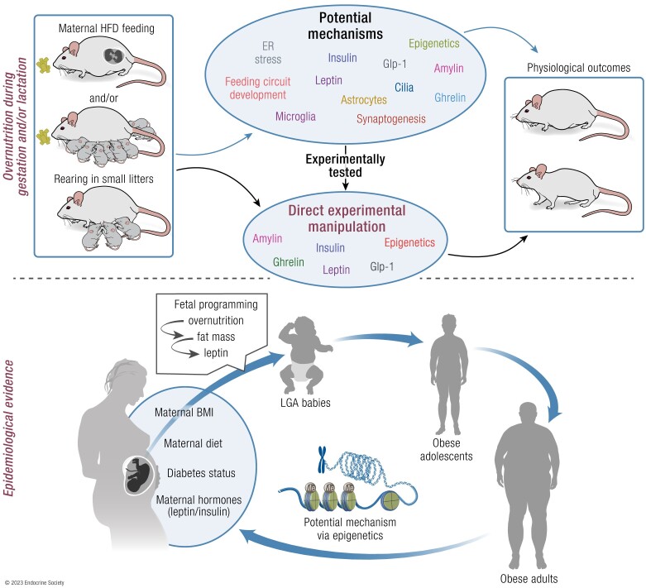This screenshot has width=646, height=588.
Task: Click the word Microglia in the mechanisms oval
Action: point(295,117)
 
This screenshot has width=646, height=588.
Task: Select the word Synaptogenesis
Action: point(391,119)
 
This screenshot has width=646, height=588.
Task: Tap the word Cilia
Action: point(404,88)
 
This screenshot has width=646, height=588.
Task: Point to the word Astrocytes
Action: point(364,100)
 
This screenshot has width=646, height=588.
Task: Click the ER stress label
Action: point(268,53)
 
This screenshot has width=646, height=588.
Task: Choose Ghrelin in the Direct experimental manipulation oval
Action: point(289,261)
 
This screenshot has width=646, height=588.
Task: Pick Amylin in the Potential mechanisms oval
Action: point(448,69)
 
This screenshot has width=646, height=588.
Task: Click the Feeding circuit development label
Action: point(257,88)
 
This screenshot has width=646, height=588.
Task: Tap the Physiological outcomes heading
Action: point(578,68)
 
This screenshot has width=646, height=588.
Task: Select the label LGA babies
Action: point(305,403)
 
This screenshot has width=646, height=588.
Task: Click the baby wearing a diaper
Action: point(305,355)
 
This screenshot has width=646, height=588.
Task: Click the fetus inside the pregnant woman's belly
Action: point(138,475)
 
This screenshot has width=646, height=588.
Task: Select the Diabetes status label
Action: point(201,473)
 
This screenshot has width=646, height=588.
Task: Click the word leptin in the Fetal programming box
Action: point(215,353)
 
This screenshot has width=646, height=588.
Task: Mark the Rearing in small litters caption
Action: point(103,179)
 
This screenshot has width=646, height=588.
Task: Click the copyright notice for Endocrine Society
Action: point(35,583)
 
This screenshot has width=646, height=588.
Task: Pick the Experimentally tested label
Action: point(345,165)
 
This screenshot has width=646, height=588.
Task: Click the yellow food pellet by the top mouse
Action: point(43,65)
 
